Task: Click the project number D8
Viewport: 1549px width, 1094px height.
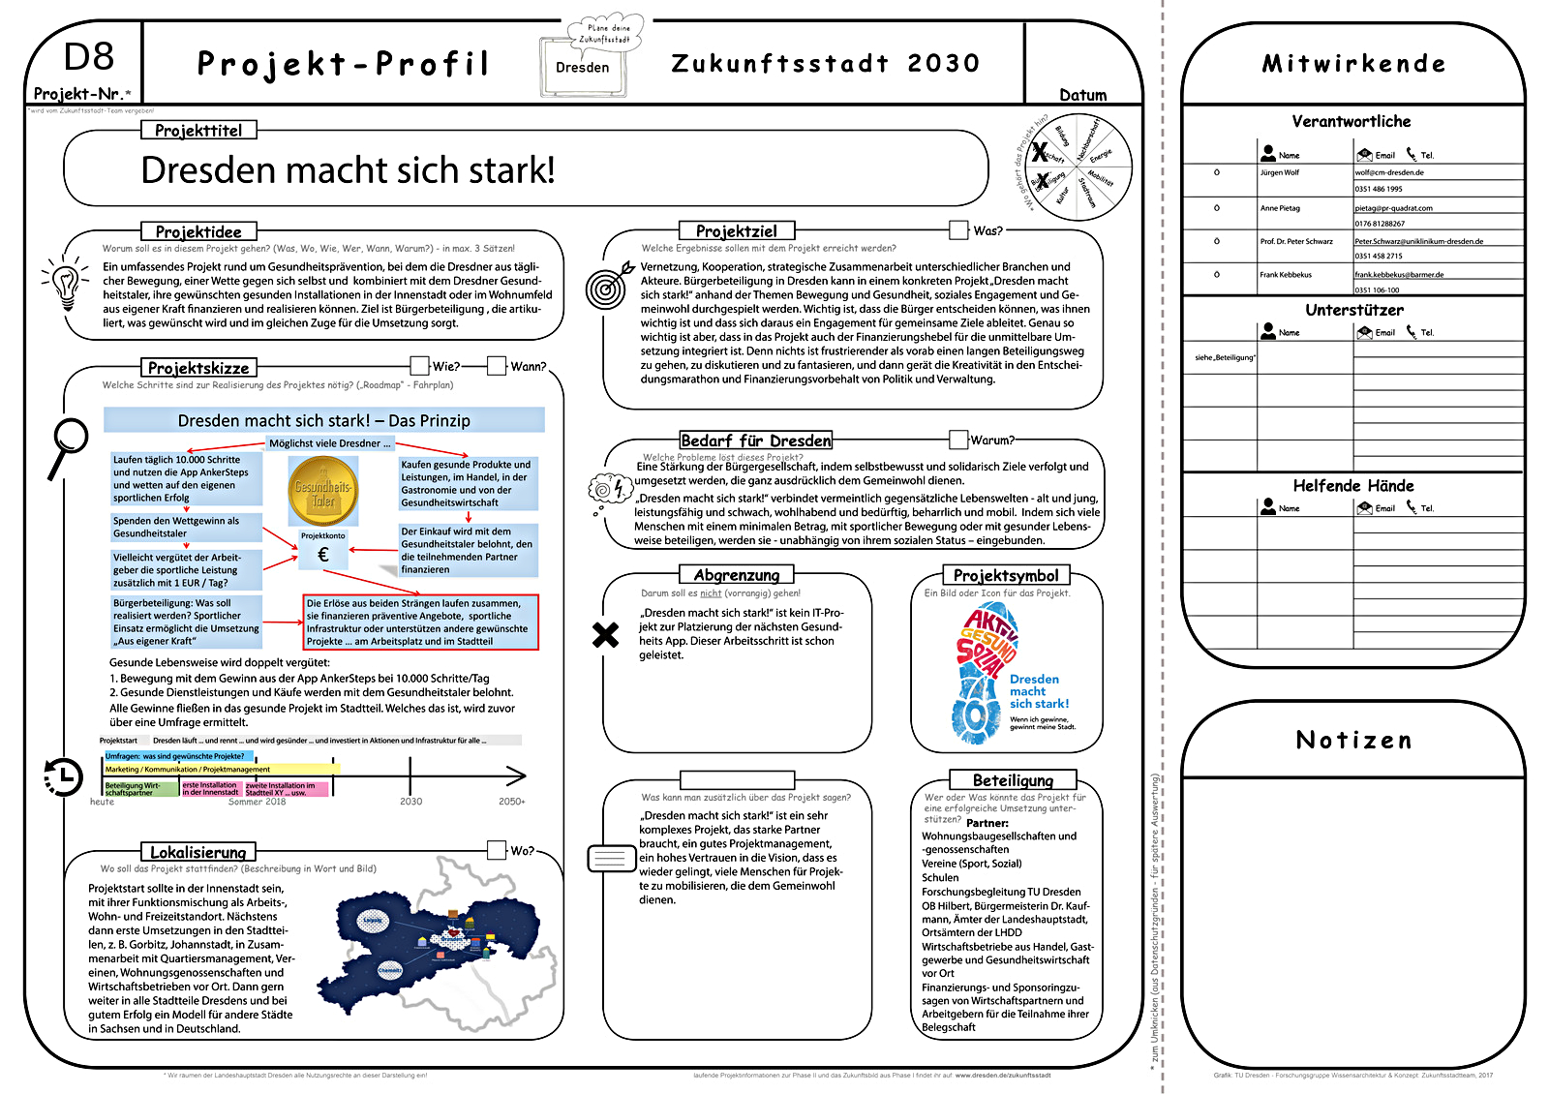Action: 88,57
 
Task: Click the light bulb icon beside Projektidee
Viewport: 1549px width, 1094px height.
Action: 65,283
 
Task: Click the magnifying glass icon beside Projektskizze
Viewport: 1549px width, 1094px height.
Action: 69,444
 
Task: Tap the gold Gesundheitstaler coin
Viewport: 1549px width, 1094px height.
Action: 323,491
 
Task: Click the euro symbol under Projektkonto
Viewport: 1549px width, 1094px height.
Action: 323,555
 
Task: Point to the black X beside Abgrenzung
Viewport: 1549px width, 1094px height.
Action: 605,635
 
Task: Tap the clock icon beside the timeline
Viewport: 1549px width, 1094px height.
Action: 62,775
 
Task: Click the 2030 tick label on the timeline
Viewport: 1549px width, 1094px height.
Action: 411,802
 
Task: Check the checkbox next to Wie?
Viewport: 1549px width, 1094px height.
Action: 419,365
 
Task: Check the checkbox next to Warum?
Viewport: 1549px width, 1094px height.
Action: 958,440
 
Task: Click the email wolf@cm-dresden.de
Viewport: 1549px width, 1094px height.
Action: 1389,172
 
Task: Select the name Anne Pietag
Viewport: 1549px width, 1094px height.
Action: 1280,208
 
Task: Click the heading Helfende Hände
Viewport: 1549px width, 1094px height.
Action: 1352,486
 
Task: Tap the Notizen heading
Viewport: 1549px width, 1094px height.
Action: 1353,741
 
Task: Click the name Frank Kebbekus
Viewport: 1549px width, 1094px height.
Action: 1286,275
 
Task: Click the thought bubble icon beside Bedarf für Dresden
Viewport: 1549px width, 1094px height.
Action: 610,488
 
